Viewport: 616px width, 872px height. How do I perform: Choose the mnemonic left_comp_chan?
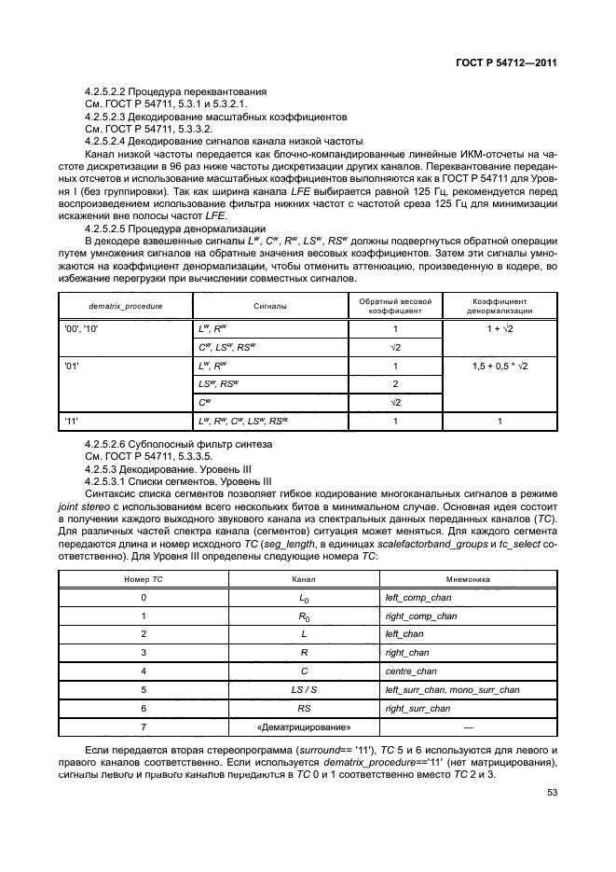pos(421,597)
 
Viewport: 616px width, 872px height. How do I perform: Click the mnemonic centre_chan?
pos(411,671)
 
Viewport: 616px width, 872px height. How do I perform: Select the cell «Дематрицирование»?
pos(304,727)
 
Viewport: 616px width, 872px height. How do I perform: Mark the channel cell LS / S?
pos(304,690)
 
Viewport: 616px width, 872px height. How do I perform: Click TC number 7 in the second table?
pos(143,727)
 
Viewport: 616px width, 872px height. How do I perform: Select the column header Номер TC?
pos(143,579)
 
